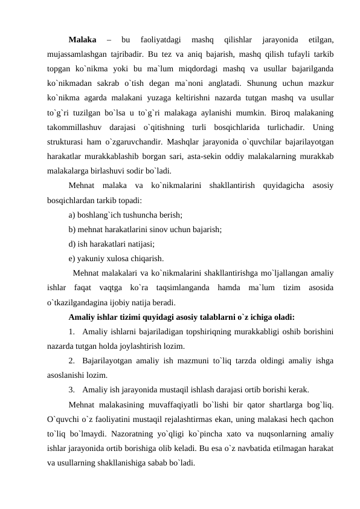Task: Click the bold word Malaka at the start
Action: tap(83, 41)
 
